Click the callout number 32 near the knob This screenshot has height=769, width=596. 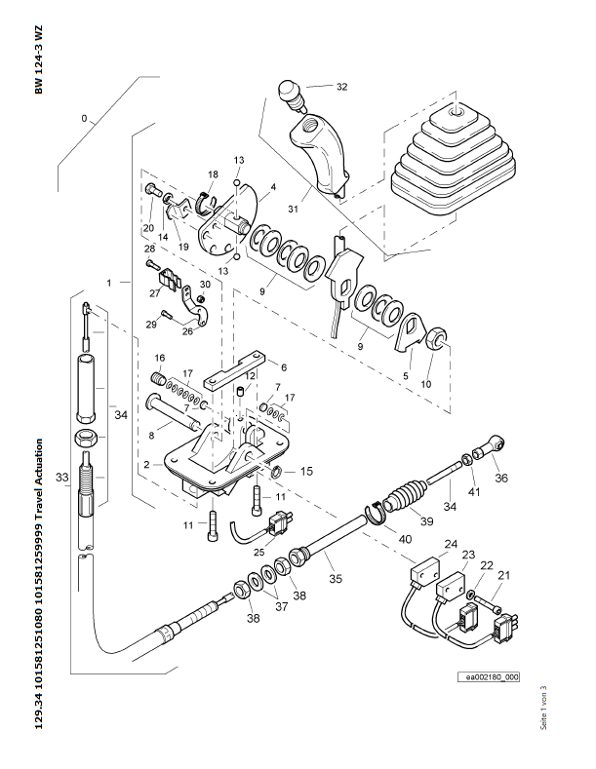point(341,87)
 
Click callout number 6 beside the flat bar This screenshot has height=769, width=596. point(283,367)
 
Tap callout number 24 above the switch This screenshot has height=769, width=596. point(451,543)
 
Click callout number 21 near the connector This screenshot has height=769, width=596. point(503,576)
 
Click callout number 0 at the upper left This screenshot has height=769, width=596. point(84,119)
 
